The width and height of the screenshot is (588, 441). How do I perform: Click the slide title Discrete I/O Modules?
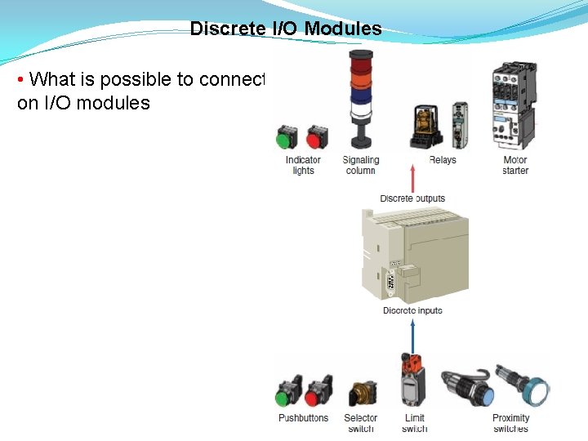click(286, 29)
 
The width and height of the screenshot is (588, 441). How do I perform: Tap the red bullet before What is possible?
click(21, 80)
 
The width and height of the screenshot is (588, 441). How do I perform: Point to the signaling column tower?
click(359, 94)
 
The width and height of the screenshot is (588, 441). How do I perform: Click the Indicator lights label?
click(303, 165)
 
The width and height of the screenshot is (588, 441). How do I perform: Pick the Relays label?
click(442, 160)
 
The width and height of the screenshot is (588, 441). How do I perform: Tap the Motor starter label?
click(515, 165)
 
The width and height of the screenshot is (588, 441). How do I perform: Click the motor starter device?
click(513, 105)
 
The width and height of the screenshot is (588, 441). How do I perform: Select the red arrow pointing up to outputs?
click(413, 178)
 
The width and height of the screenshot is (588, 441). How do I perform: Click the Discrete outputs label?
click(412, 198)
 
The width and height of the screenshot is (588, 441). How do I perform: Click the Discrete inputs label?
click(412, 310)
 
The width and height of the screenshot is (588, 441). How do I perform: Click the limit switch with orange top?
click(413, 380)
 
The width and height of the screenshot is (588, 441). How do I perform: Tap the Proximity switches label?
click(511, 423)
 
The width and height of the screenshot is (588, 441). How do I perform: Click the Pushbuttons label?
click(303, 418)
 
